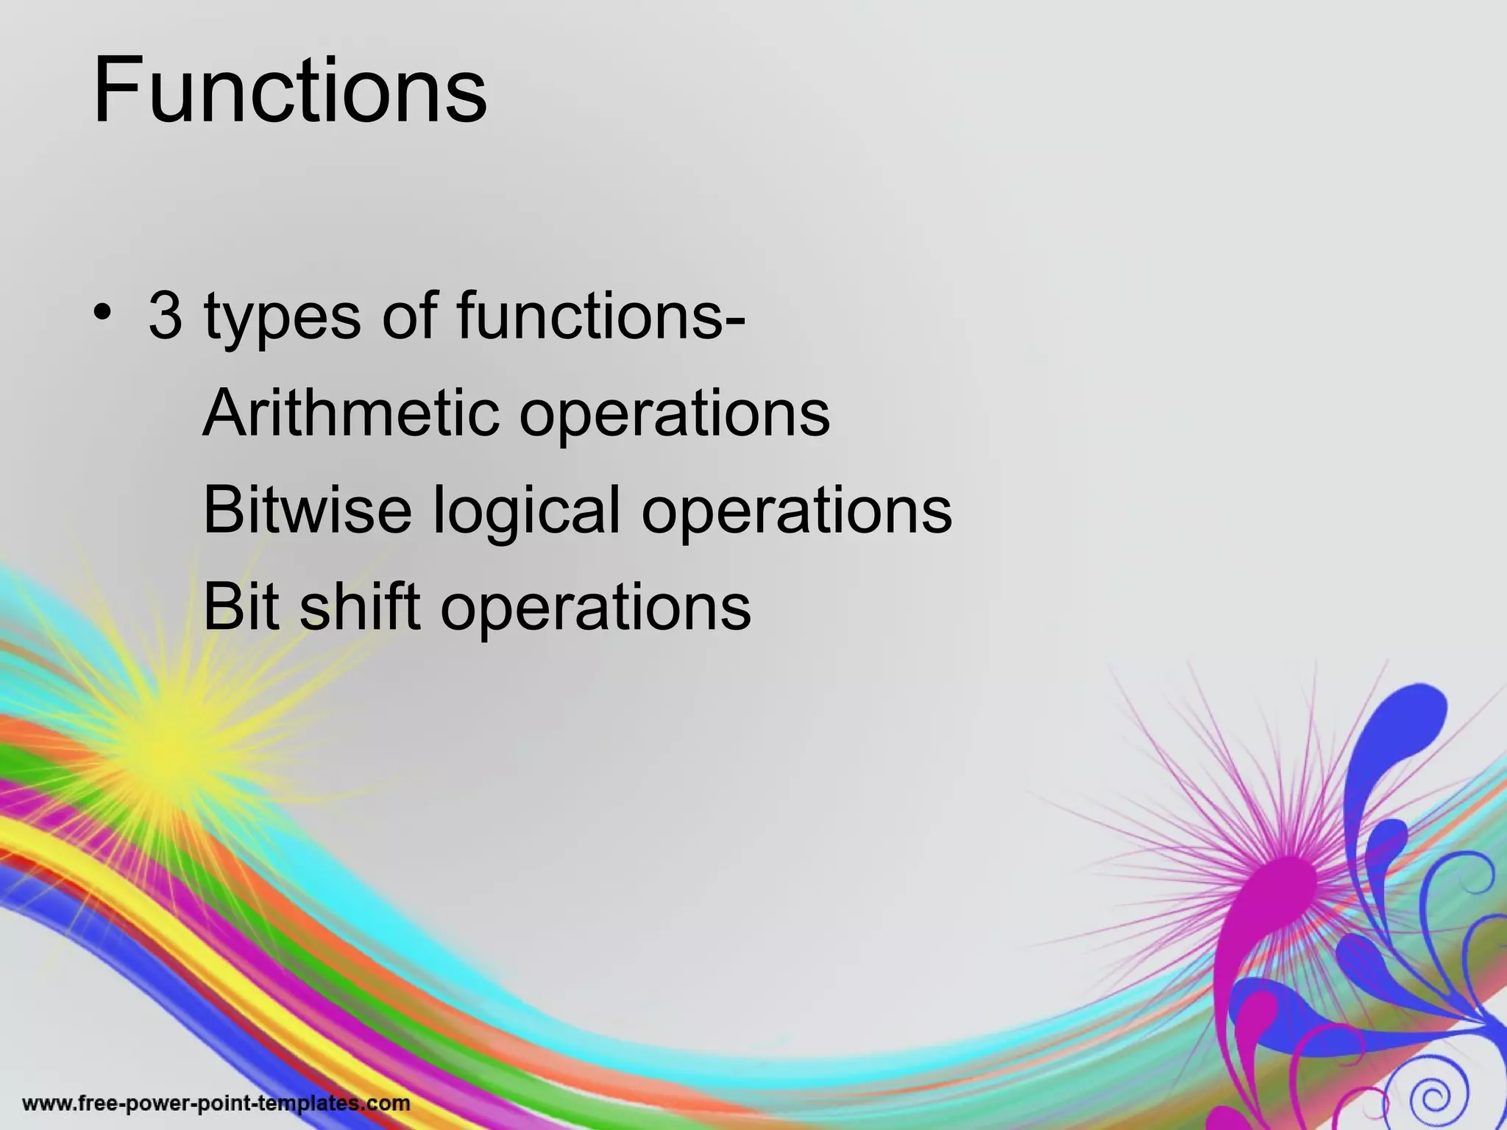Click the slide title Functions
click(x=289, y=91)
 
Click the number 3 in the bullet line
click(x=165, y=316)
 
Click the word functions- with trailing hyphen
click(x=600, y=316)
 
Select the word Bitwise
click(x=307, y=510)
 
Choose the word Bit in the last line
click(x=241, y=607)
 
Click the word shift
click(x=359, y=607)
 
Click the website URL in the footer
click(x=216, y=1104)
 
